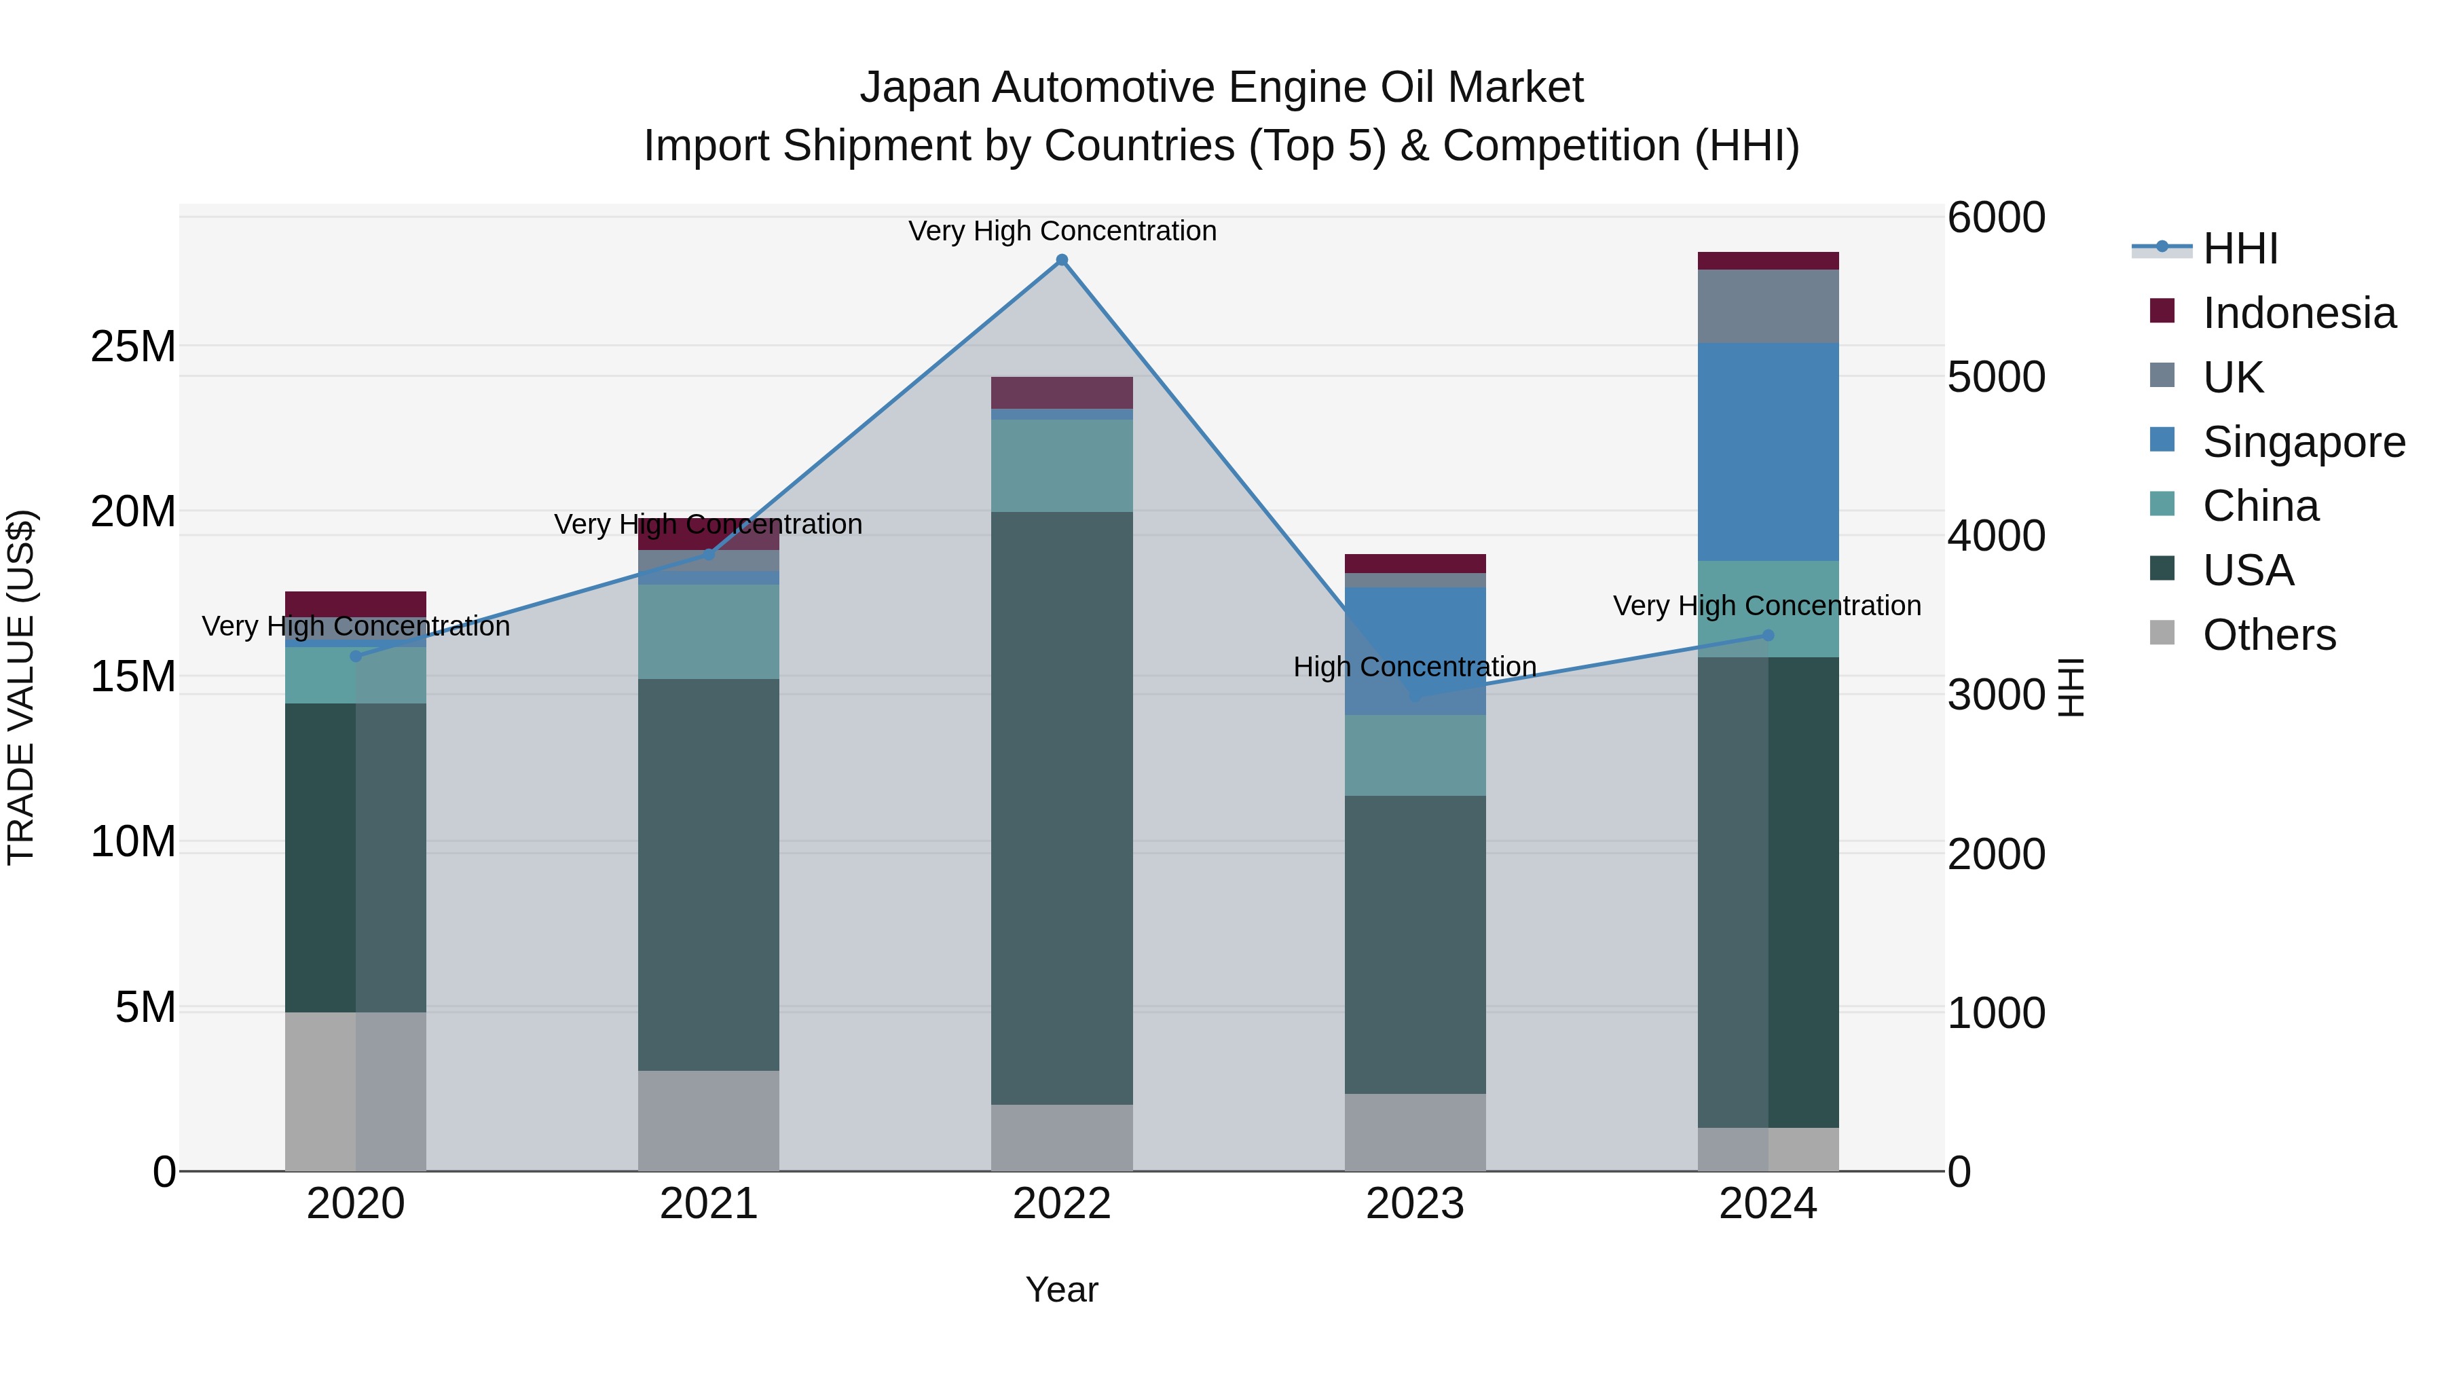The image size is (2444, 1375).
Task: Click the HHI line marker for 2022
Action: click(x=1062, y=260)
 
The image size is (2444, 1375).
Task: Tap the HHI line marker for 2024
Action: click(x=1768, y=635)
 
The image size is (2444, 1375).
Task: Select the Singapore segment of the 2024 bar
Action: click(x=1768, y=451)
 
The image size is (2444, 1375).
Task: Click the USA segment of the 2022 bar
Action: click(x=1062, y=807)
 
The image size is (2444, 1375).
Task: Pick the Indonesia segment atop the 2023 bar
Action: click(x=1415, y=563)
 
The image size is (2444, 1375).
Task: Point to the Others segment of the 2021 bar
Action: click(x=708, y=1120)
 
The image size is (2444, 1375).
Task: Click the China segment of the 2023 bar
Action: click(x=1415, y=754)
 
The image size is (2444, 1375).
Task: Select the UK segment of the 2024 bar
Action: click(x=1768, y=306)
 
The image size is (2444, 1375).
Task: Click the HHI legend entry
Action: click(x=2239, y=249)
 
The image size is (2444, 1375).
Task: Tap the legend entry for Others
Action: click(x=2268, y=635)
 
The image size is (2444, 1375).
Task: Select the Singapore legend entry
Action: click(x=2303, y=442)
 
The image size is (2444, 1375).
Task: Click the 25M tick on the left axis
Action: click(x=133, y=346)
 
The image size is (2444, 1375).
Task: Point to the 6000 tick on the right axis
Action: click(x=1996, y=217)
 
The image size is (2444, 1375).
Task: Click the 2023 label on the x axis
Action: click(x=1415, y=1204)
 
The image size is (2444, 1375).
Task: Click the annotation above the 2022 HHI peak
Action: click(x=1062, y=231)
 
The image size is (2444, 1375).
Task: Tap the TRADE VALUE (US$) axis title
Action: click(x=21, y=687)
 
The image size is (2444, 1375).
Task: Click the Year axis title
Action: click(x=1062, y=1289)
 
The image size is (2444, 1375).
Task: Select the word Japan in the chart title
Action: click(x=919, y=88)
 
